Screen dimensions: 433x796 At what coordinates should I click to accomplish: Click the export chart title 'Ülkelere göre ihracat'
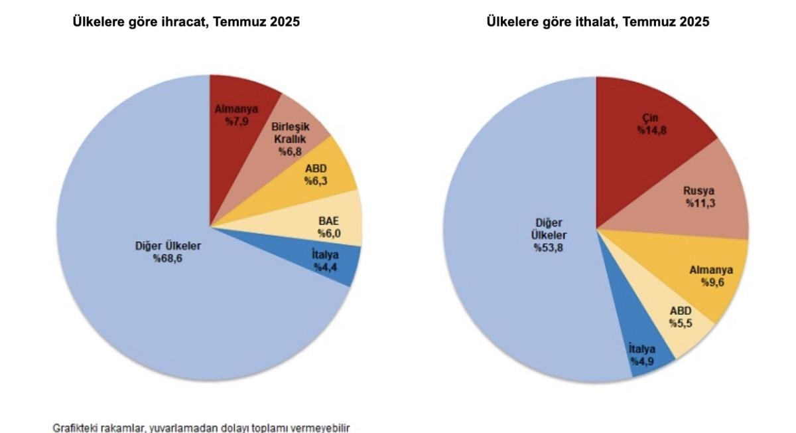pos(186,22)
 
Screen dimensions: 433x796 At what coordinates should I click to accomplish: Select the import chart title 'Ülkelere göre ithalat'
pos(598,22)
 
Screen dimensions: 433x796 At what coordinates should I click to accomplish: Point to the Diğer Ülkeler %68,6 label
pos(167,252)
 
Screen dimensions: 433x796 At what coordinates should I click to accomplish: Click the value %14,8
pos(652,131)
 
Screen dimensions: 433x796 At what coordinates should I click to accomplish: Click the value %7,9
pos(236,122)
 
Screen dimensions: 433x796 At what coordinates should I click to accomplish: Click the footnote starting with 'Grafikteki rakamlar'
pos(201,428)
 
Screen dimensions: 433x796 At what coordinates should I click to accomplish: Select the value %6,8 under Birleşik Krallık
pos(289,151)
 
